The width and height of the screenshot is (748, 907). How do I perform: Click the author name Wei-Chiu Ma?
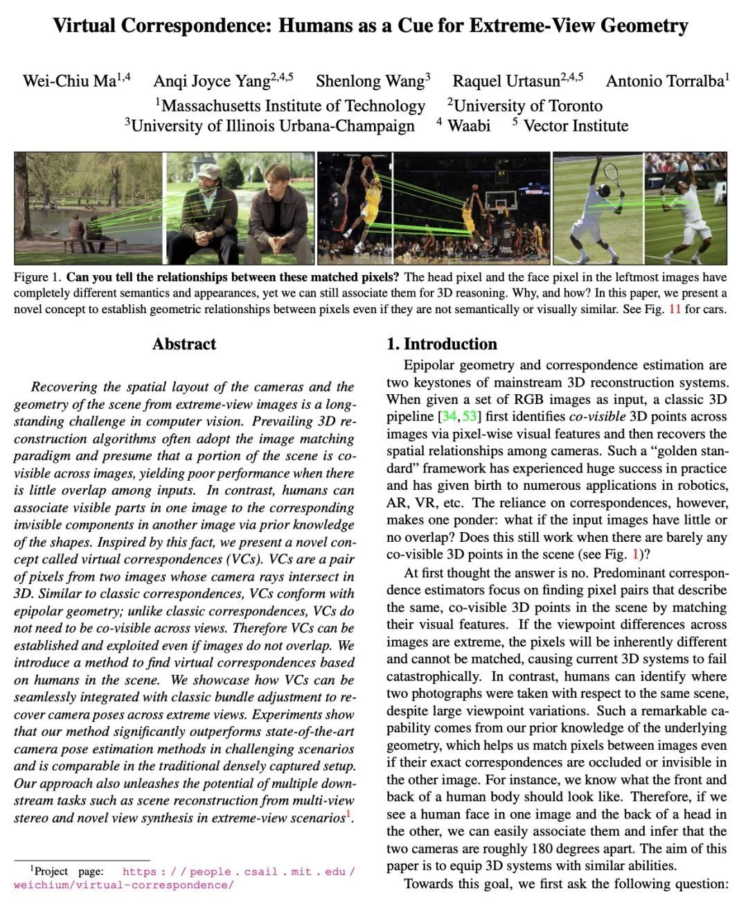[x=69, y=81]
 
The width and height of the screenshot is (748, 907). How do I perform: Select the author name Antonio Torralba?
[x=664, y=81]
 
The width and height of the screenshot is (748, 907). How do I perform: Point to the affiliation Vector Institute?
[x=576, y=126]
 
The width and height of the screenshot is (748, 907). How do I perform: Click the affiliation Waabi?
[x=468, y=126]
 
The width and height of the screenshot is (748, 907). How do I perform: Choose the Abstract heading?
[x=184, y=344]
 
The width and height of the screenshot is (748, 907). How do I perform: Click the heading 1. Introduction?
[x=441, y=344]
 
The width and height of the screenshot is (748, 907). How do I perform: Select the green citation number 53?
[x=470, y=416]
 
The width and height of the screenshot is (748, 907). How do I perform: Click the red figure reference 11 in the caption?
[x=675, y=309]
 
